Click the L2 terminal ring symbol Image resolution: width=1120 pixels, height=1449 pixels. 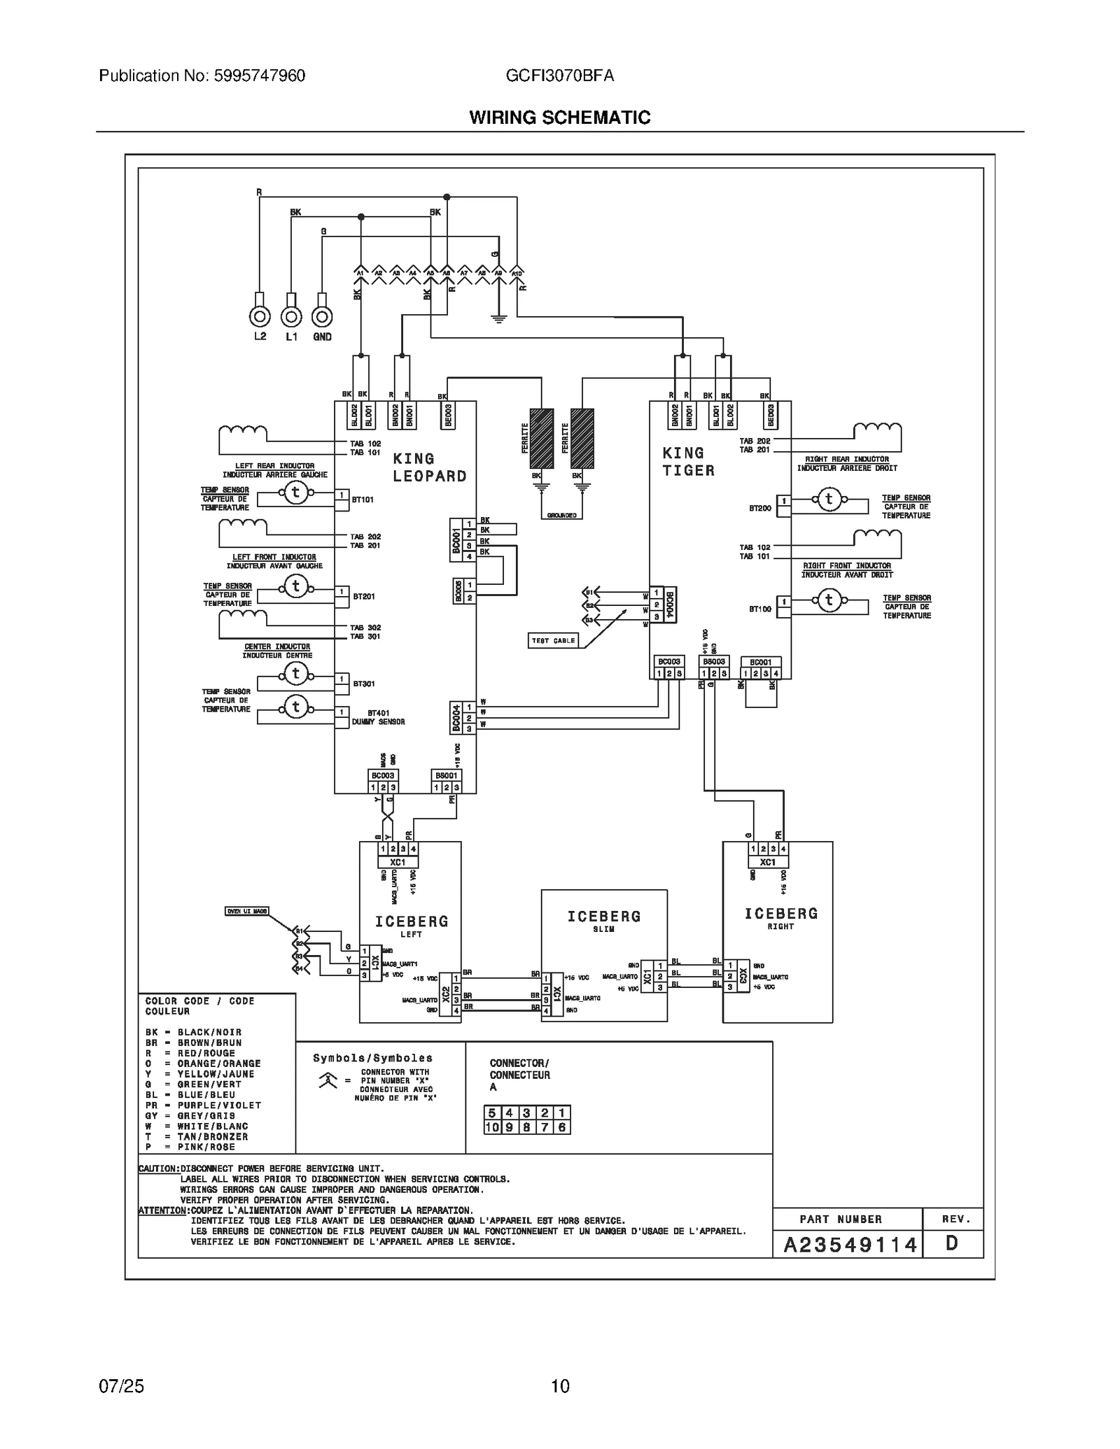point(260,317)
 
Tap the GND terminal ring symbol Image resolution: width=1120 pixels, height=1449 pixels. point(321,317)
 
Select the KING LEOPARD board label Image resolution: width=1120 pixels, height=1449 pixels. point(429,467)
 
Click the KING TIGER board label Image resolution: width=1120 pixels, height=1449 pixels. point(689,462)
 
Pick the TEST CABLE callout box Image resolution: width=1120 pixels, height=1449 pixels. point(554,640)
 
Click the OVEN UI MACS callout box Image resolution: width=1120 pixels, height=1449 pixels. point(246,911)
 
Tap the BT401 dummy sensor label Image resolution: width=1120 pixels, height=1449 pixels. point(378,717)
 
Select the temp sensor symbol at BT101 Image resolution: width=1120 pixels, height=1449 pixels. point(295,493)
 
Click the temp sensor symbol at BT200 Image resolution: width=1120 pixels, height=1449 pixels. point(829,499)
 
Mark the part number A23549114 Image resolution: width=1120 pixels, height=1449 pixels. point(850,1245)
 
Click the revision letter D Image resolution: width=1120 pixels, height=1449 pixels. point(952,1243)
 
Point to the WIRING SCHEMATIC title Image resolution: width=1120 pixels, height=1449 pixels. point(559,118)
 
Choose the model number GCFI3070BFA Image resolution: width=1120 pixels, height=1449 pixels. point(559,76)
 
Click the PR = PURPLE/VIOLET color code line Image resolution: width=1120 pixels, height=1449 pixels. point(203,1105)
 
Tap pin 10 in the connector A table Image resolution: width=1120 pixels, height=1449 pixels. point(492,1127)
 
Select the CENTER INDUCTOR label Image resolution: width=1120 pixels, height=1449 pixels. point(277,646)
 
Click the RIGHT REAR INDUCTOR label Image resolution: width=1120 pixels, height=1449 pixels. point(846,459)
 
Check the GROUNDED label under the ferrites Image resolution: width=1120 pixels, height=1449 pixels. point(561,516)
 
